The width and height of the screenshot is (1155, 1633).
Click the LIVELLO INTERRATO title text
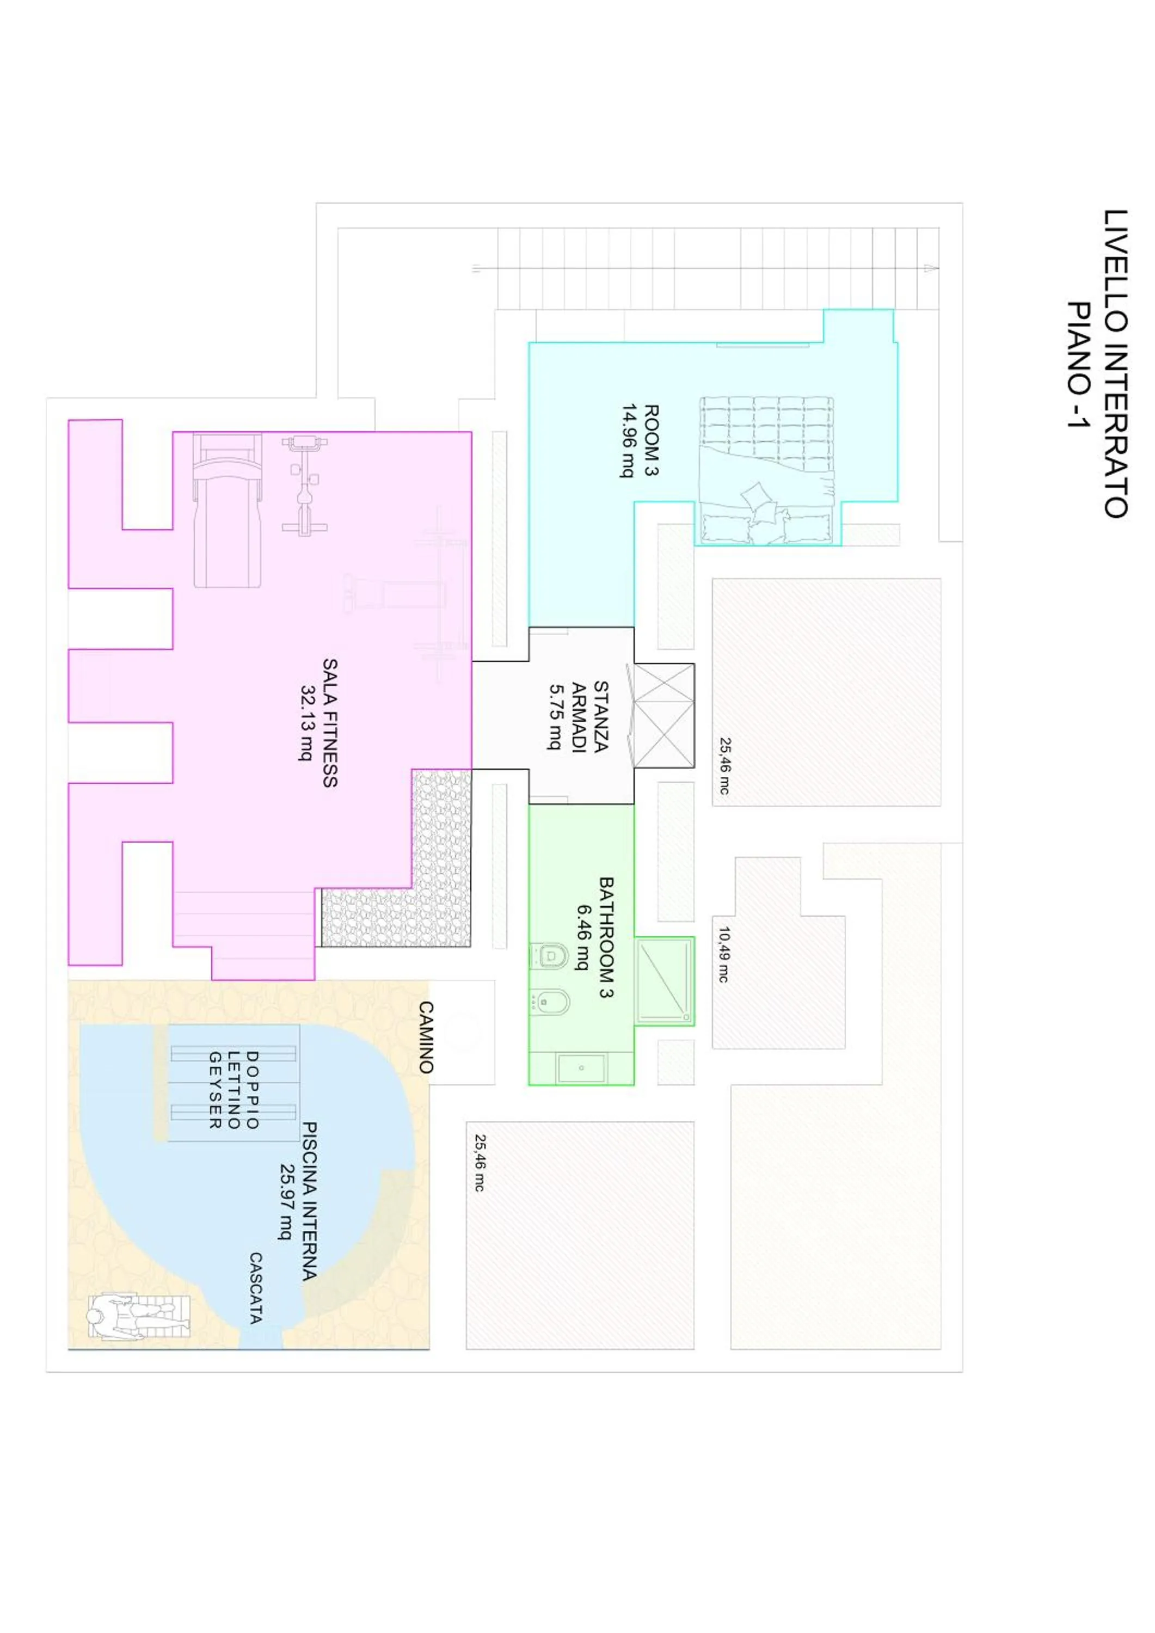1115,364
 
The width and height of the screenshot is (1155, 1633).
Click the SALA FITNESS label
329,723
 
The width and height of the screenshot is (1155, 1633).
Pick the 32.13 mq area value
307,723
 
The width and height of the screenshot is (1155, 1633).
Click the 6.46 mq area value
583,937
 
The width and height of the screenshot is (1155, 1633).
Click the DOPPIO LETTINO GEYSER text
232,1090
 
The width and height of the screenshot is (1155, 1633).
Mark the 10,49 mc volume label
723,954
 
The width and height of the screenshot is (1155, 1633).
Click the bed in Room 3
766,471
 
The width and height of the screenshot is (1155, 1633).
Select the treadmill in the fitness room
228,511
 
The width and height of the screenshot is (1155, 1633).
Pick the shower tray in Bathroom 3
663,981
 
